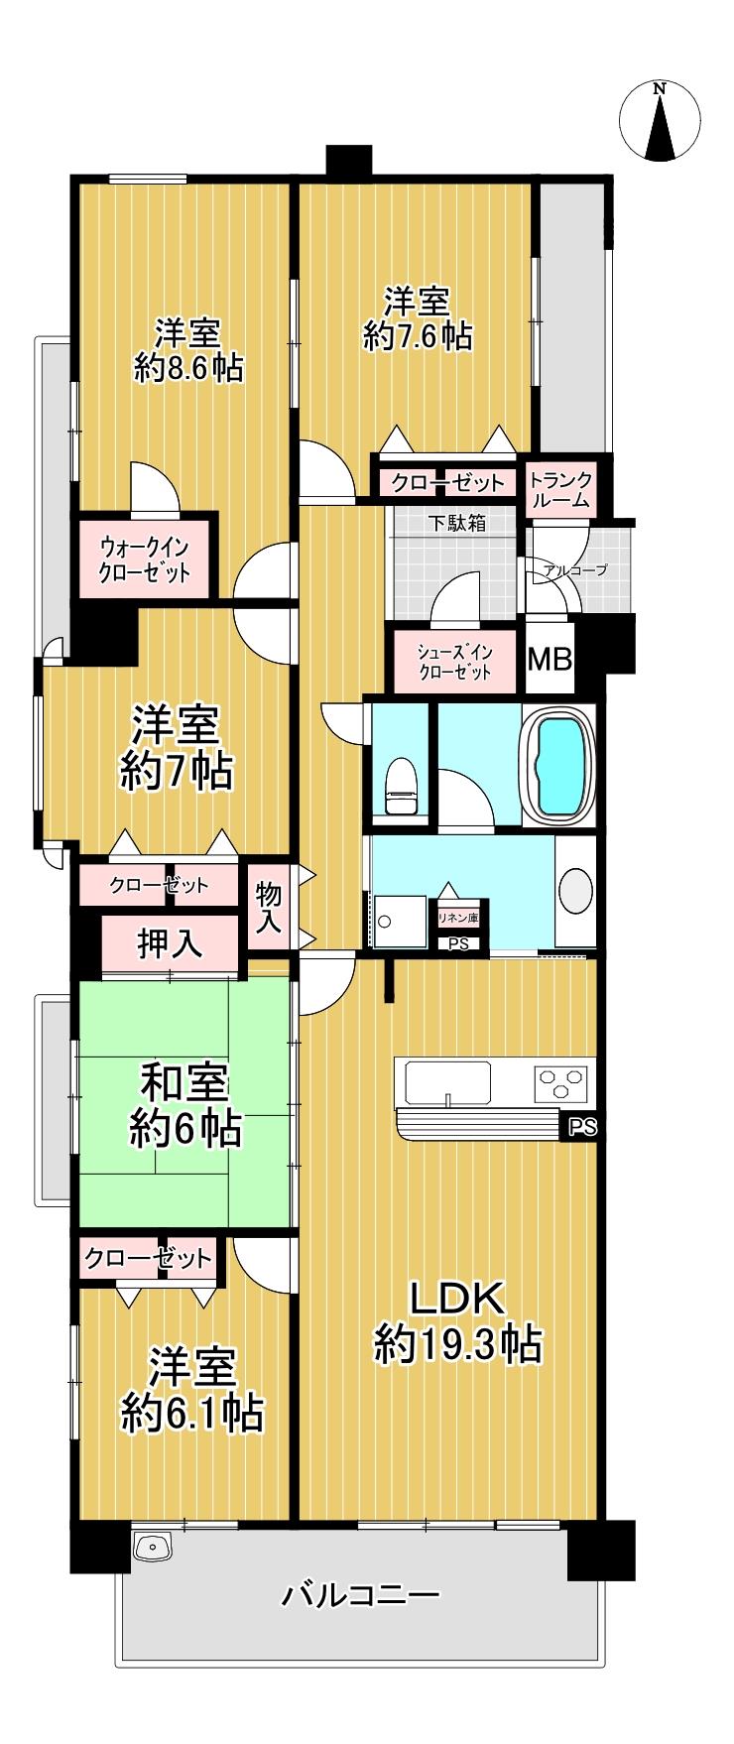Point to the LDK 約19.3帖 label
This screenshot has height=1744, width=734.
458,1320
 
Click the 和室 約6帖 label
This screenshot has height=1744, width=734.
184,1106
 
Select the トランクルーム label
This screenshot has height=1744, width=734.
561,491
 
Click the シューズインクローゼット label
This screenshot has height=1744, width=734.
455,663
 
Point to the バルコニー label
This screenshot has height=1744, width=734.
360,1596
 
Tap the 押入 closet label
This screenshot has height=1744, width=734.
170,943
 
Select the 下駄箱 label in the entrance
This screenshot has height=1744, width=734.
457,523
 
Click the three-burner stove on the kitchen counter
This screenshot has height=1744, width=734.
562,1080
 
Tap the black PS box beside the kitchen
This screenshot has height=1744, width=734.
583,1126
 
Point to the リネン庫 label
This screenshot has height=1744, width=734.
458,919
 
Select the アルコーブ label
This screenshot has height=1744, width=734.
574,570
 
